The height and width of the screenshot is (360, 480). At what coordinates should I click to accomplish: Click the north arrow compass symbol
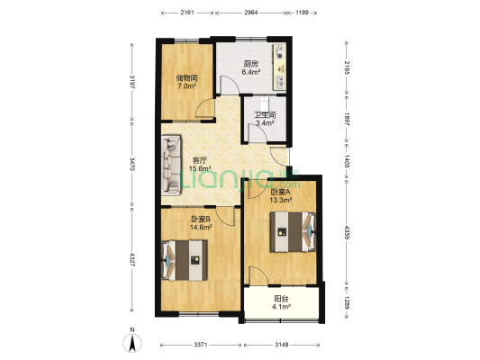132,343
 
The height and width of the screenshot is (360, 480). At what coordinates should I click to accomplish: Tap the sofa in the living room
171,165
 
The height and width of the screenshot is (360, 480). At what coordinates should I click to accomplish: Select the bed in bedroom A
293,232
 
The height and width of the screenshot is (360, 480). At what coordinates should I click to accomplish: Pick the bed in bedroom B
185,260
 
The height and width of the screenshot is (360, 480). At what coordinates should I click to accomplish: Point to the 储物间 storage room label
187,77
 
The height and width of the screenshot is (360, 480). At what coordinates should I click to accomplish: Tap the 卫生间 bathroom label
266,115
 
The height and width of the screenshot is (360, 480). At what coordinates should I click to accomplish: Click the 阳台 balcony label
281,299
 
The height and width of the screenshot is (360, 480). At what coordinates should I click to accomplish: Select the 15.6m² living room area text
200,168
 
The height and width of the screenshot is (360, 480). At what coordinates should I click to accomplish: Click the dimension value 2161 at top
187,13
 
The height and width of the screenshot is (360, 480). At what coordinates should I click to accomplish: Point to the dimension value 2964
251,13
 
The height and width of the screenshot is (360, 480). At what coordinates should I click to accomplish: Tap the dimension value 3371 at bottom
201,345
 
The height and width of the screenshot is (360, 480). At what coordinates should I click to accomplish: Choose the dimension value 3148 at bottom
281,345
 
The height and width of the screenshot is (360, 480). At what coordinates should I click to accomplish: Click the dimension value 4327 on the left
132,260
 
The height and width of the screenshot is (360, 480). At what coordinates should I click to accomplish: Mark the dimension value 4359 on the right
347,233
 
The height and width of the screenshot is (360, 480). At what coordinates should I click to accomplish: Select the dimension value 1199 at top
302,13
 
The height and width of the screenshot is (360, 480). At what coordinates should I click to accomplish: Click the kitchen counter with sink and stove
280,67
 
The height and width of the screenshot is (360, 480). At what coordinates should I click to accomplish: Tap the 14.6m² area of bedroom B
201,227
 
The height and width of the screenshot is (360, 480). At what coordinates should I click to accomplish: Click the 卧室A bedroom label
280,192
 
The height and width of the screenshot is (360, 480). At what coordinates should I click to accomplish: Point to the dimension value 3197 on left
132,81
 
